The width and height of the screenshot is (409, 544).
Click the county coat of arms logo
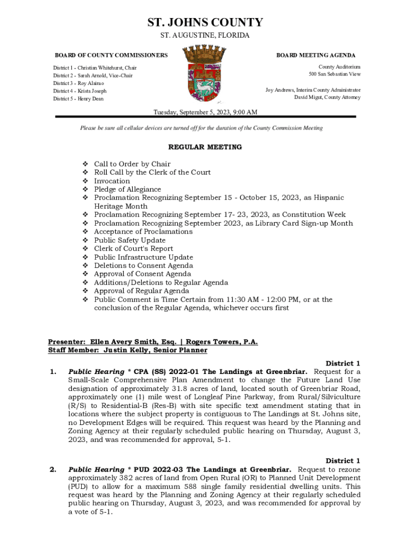pos(204,73)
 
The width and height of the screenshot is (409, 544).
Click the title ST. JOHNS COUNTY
pos(204,22)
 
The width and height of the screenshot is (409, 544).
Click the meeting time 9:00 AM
pos(245,112)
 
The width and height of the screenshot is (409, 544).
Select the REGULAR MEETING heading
pos(204,147)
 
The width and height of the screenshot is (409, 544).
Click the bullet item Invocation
pos(112,181)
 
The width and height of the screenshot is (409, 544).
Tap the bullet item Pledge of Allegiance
pos(127,190)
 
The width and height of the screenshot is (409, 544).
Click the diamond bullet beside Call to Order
pos(85,164)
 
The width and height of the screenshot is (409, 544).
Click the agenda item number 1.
pos(53,372)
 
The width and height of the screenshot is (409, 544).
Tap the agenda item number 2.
pos(53,470)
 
